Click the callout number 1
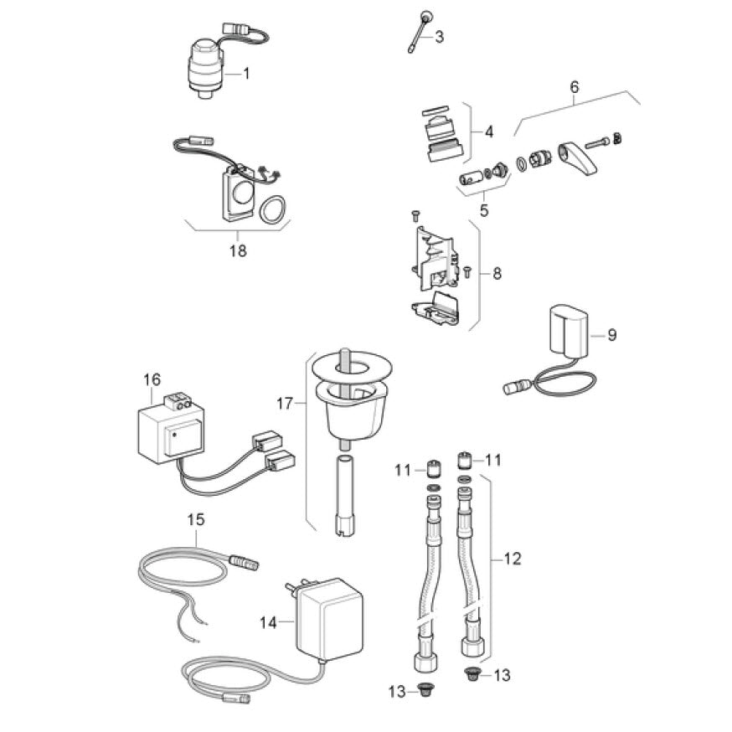(x=246, y=73)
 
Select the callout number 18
(x=238, y=250)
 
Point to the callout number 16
(x=152, y=379)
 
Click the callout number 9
(x=611, y=335)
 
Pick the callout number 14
(x=268, y=622)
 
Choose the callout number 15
(x=195, y=520)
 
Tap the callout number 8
(x=497, y=272)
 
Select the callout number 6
(x=574, y=87)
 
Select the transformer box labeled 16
(x=168, y=434)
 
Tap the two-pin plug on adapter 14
(x=293, y=591)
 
